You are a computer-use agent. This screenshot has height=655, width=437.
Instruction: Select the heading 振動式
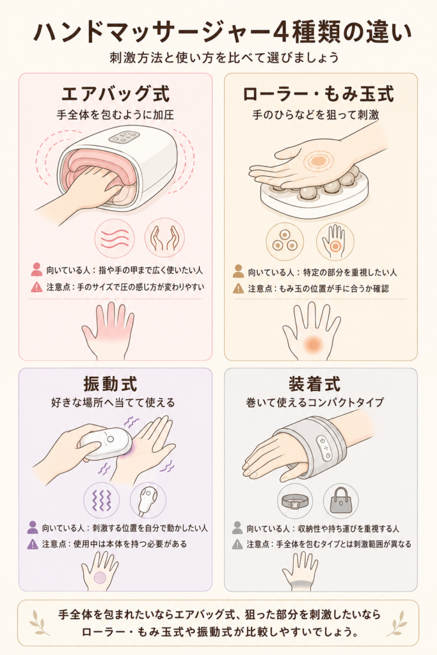click(110, 384)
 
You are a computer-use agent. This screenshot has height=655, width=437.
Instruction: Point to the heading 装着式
click(315, 384)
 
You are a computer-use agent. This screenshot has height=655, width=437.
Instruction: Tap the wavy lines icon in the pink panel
click(115, 238)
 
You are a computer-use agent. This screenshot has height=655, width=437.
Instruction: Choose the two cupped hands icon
click(164, 238)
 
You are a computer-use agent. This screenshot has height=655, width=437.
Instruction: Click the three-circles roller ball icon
click(285, 241)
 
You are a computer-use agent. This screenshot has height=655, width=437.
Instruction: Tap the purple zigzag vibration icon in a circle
click(102, 500)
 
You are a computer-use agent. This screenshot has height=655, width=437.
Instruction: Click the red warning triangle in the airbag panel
click(36, 287)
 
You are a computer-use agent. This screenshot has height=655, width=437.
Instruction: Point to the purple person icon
click(33, 527)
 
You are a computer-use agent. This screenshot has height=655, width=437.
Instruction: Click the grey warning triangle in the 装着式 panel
click(237, 544)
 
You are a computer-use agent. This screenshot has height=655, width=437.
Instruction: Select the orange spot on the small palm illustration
click(312, 343)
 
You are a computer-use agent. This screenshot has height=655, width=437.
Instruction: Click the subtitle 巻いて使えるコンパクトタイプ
click(315, 402)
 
